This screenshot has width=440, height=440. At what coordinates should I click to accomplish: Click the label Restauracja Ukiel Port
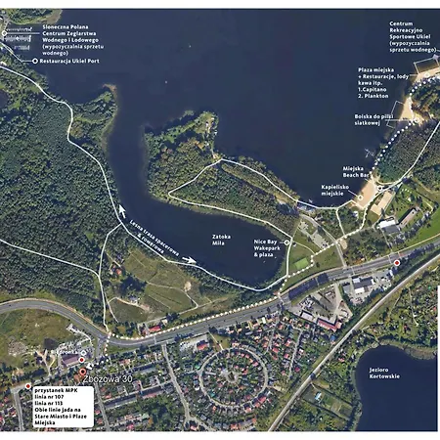tap(71, 61)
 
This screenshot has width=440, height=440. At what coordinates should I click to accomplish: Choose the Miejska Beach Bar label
tap(360, 171)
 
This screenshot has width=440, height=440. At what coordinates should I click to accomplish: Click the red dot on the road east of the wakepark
tap(396, 263)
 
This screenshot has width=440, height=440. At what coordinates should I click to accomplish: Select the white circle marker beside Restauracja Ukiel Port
tap(34, 61)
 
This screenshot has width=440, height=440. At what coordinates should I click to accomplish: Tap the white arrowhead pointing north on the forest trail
tap(122, 209)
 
